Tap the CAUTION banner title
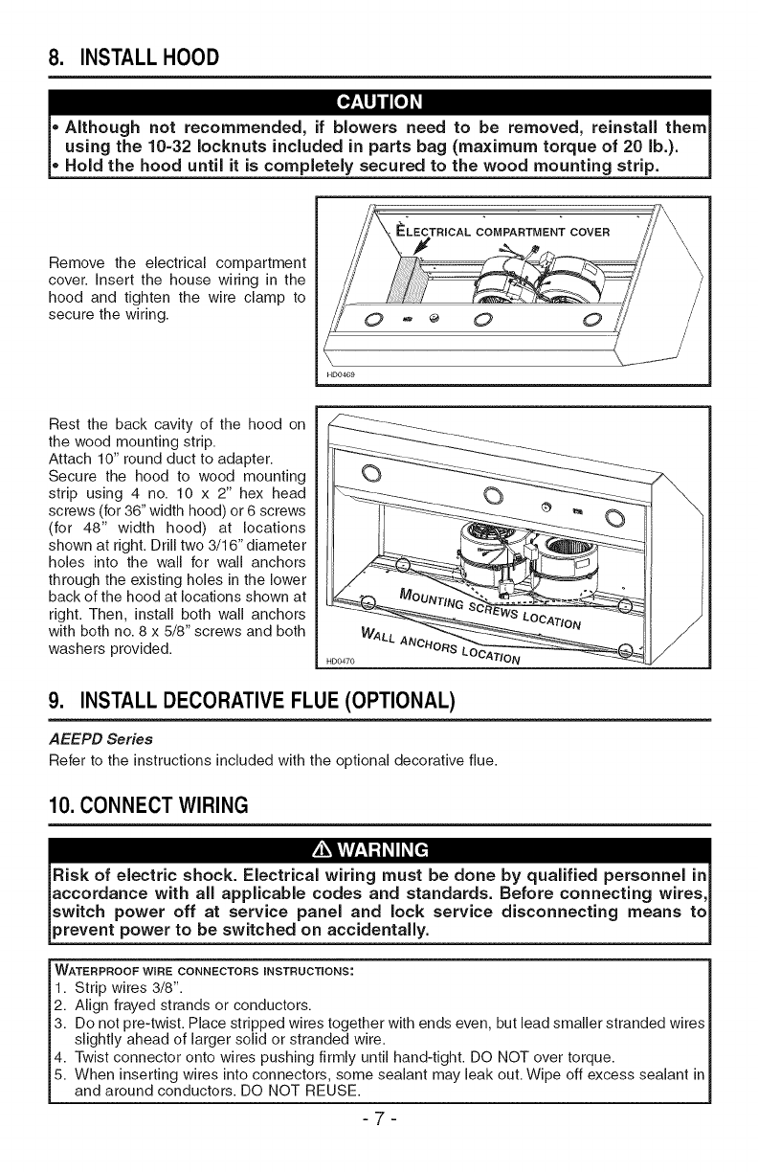pyautogui.click(x=378, y=102)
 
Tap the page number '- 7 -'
pyautogui.click(x=378, y=1139)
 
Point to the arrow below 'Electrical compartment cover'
pyautogui.click(x=416, y=251)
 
